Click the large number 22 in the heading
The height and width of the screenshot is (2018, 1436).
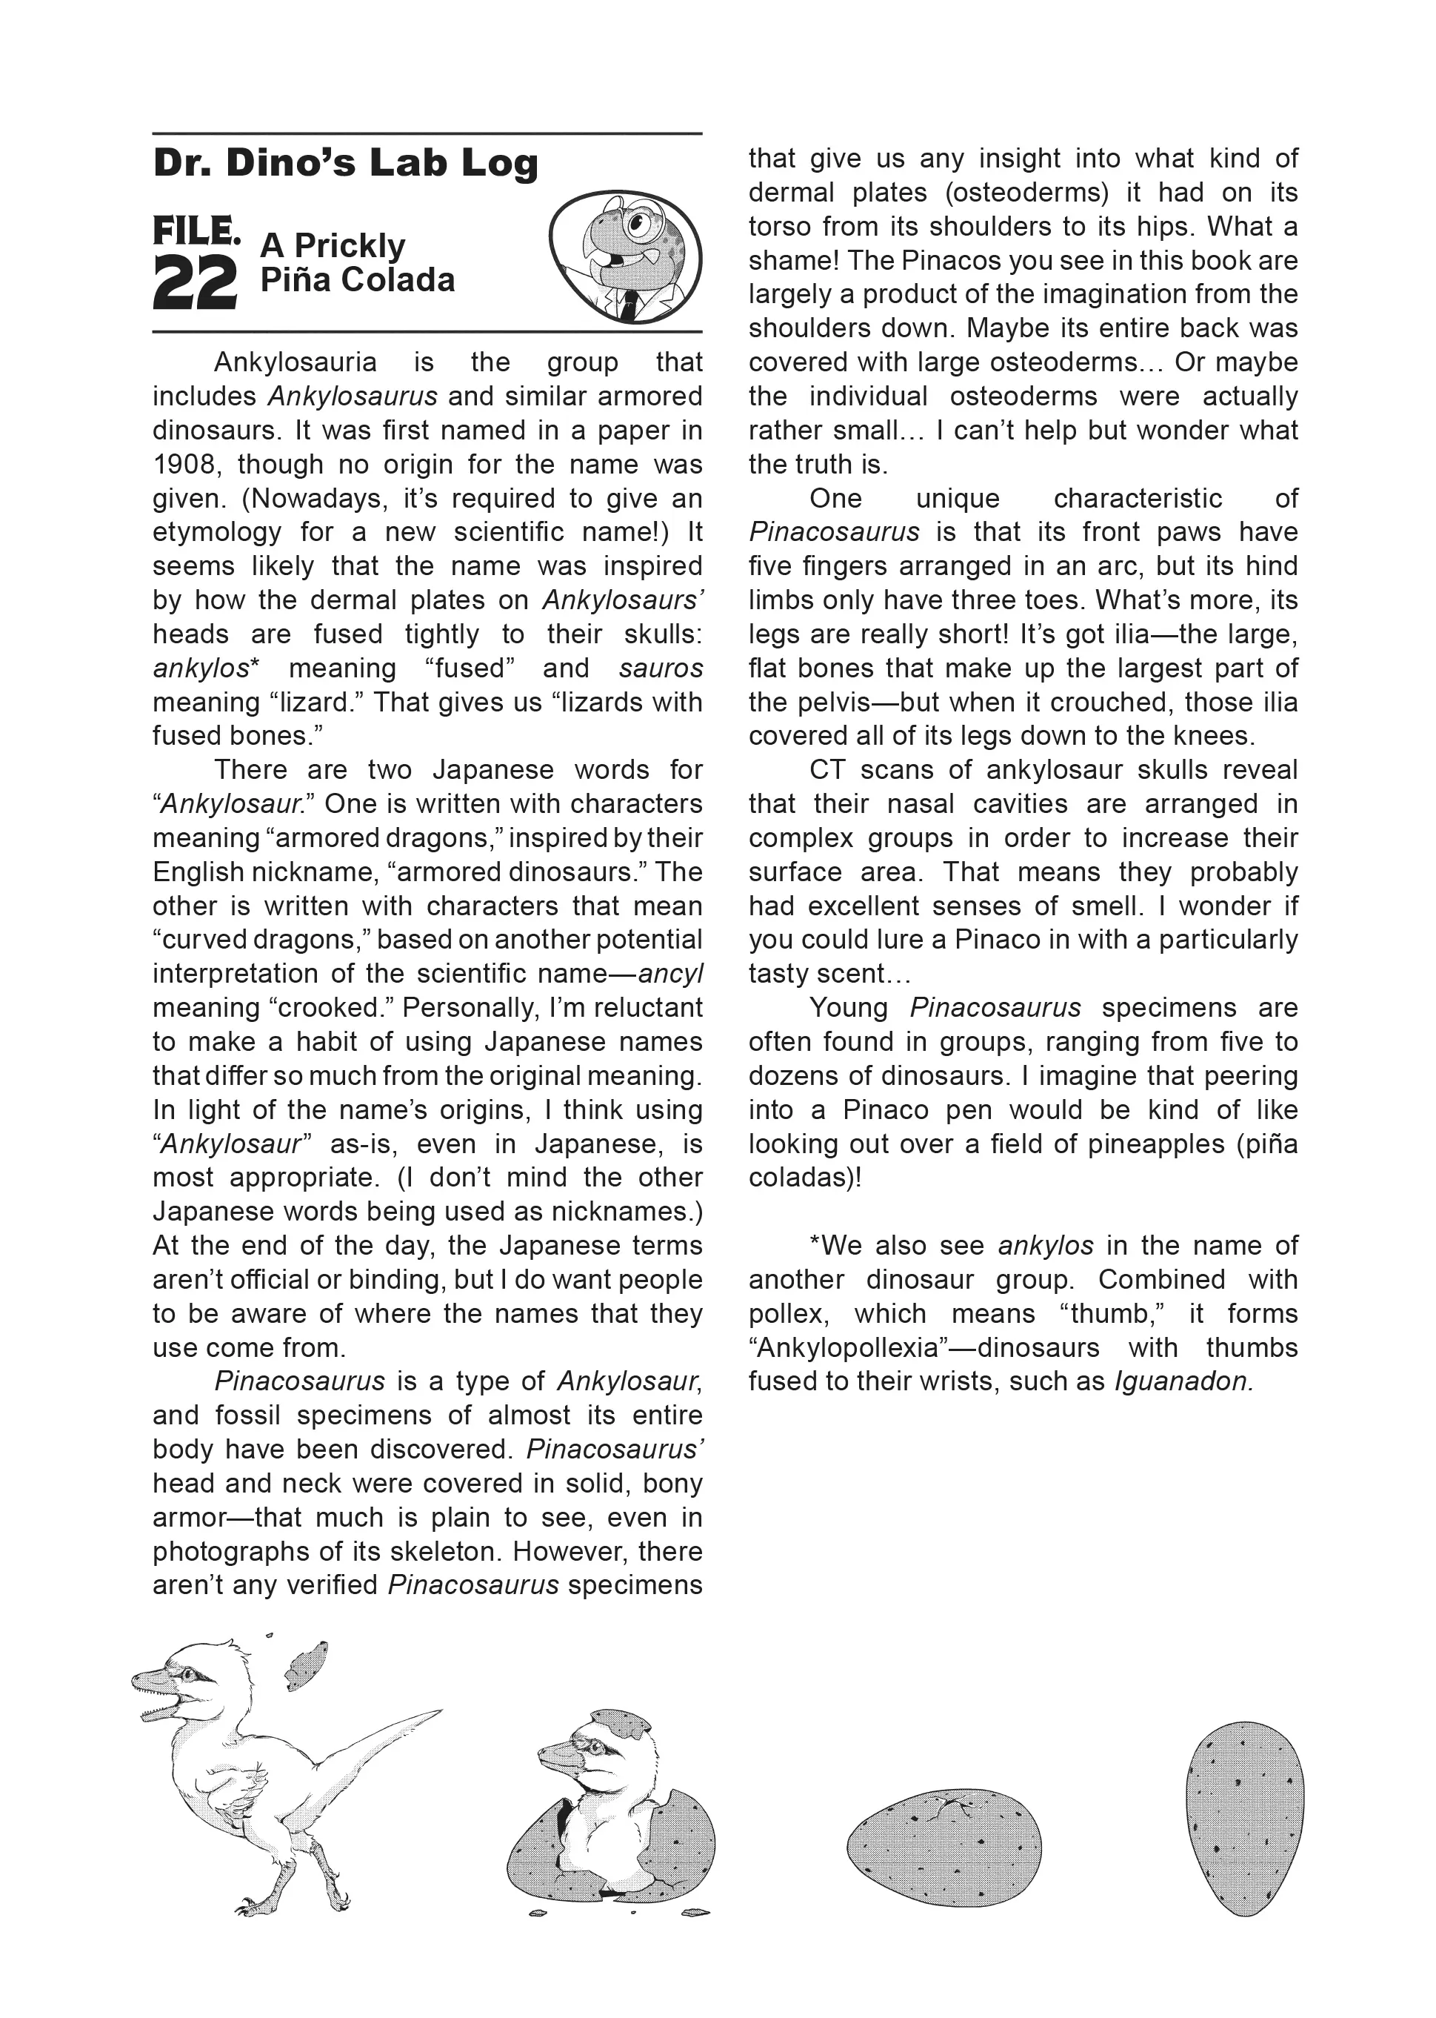[195, 283]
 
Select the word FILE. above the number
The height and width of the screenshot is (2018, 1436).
[196, 232]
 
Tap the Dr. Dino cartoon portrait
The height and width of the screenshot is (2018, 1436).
[625, 256]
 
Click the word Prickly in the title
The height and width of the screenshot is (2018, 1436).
[350, 245]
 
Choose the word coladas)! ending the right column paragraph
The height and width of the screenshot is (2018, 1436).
[805, 1178]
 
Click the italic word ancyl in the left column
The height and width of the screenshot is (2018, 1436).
[670, 974]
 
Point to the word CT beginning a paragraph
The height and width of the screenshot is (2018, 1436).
[826, 770]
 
